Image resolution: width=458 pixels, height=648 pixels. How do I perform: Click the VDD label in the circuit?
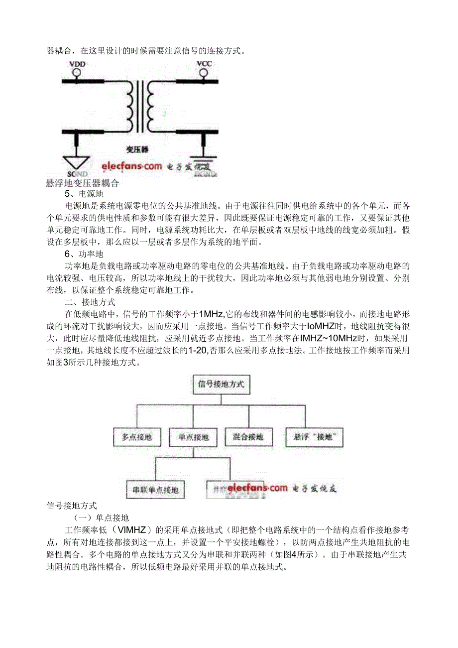(x=77, y=64)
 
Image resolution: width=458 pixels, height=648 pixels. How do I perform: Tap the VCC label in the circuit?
(x=204, y=64)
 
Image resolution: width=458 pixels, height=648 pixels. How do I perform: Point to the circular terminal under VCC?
(x=203, y=73)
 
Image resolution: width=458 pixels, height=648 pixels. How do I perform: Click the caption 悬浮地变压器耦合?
(x=83, y=183)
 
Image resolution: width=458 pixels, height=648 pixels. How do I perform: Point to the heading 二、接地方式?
(x=90, y=302)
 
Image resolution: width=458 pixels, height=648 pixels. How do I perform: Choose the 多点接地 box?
(x=133, y=437)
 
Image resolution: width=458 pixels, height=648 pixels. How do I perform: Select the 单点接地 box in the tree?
(x=189, y=437)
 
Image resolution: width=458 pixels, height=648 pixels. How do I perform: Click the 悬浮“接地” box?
(x=314, y=437)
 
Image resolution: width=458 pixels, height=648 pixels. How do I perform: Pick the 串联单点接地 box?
(x=155, y=489)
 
